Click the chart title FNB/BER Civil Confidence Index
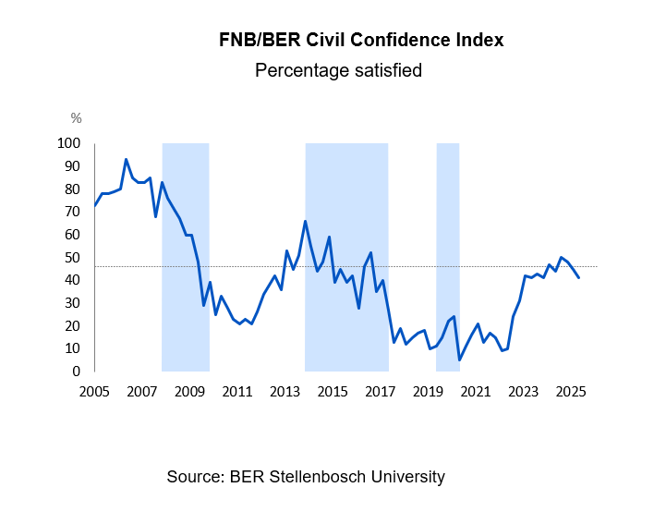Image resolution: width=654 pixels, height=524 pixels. click(x=361, y=41)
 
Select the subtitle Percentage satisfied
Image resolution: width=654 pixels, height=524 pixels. click(x=338, y=70)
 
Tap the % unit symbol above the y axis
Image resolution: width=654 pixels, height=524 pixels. click(x=76, y=118)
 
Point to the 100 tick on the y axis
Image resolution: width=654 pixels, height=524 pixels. click(x=69, y=143)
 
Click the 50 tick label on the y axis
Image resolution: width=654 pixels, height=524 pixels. click(x=72, y=258)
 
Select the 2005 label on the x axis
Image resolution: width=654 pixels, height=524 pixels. click(x=94, y=391)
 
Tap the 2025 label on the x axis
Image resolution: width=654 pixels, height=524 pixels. click(x=570, y=391)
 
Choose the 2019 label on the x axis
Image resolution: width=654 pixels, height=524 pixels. click(x=428, y=391)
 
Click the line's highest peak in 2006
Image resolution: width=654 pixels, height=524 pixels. click(x=126, y=159)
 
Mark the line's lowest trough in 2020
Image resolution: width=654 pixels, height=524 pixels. click(x=459, y=359)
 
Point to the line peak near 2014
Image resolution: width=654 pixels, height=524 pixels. click(x=305, y=221)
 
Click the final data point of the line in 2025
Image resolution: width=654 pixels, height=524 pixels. click(x=579, y=277)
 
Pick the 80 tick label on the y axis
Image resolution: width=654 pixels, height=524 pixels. click(x=72, y=189)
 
